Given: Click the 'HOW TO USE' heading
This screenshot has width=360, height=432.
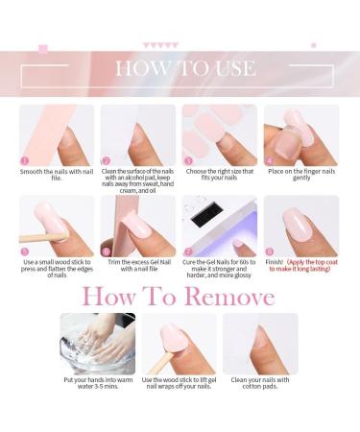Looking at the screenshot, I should click(x=184, y=68).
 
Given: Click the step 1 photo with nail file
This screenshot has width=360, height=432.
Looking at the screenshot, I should click(x=57, y=134).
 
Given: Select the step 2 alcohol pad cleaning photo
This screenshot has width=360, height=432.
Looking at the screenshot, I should click(x=138, y=134).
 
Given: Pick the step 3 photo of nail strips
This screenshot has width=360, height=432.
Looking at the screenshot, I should click(x=220, y=134).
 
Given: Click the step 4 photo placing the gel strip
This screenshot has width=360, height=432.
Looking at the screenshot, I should click(x=300, y=134).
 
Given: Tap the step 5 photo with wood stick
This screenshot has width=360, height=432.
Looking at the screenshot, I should click(x=57, y=226).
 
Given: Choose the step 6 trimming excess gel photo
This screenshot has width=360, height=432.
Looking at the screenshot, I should click(x=138, y=226).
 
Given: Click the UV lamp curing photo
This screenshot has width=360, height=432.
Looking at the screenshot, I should click(x=220, y=226).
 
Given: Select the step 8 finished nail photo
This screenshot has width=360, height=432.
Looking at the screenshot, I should click(x=300, y=226).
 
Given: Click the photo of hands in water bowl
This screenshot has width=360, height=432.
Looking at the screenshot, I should click(x=98, y=343).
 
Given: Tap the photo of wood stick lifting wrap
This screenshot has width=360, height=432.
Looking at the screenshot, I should click(x=179, y=343).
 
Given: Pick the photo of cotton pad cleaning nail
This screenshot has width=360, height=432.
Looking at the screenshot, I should click(x=260, y=343).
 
